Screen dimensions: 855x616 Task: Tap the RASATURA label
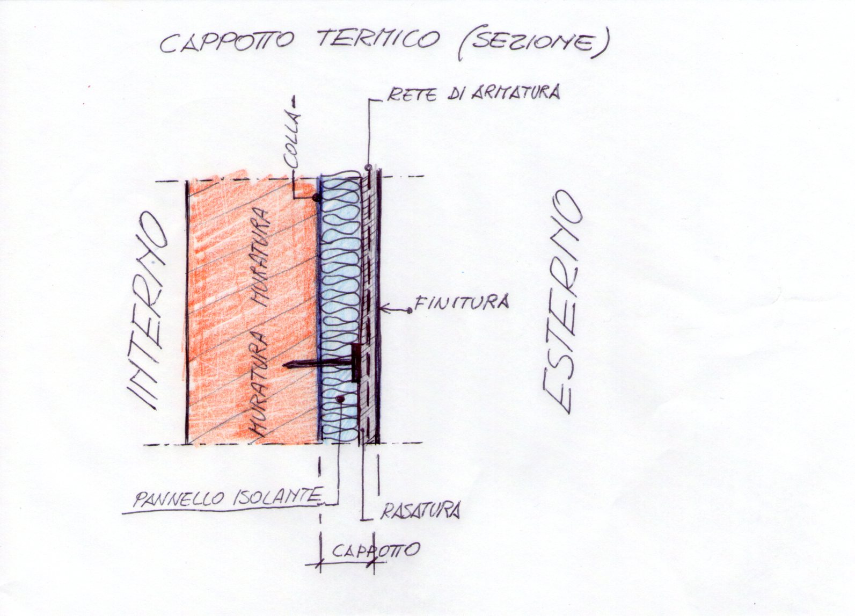point(420,510)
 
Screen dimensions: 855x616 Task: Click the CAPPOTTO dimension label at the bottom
point(375,549)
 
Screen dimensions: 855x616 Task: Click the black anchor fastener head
point(356,363)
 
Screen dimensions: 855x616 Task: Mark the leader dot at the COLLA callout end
point(316,199)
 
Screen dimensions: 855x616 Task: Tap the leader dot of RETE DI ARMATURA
point(369,167)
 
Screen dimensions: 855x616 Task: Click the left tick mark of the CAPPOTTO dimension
point(320,563)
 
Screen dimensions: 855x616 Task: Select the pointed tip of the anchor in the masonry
point(284,365)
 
